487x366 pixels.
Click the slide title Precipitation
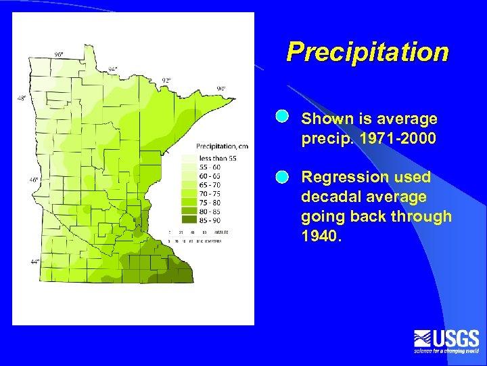367,52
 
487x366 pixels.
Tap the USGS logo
446,341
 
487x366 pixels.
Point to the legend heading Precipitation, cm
222,146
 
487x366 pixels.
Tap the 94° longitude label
112,68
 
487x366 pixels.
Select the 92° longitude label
166,80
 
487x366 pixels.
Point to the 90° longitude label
221,89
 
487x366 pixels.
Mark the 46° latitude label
33,180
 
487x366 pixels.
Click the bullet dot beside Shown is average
282,117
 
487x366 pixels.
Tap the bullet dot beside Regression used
282,177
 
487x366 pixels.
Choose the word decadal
328,197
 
